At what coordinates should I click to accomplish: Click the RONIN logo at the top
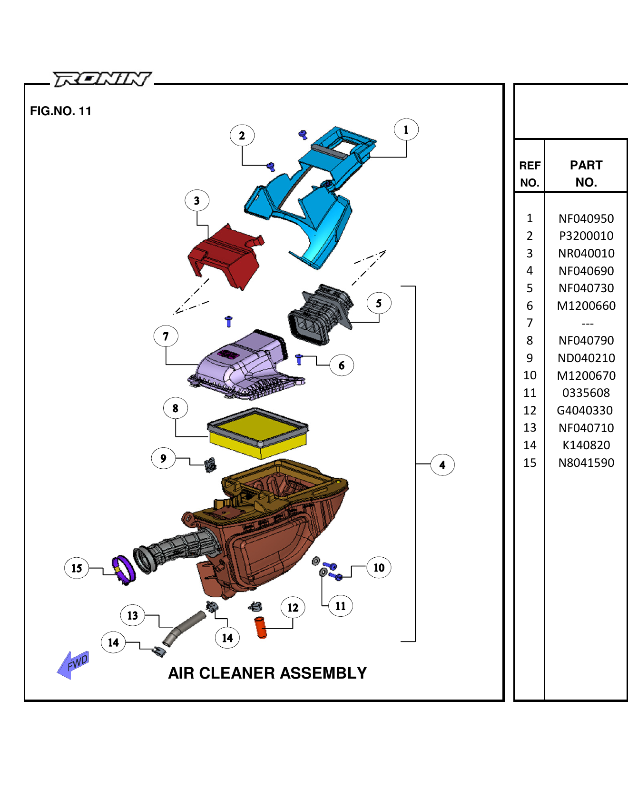102,79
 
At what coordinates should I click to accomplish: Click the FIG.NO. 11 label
60,111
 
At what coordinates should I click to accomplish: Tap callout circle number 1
406,129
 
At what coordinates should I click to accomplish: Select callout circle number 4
442,465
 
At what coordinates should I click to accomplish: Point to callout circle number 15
77,568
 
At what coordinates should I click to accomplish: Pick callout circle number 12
293,608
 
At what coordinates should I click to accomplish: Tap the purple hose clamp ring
124,569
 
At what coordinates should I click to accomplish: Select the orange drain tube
261,627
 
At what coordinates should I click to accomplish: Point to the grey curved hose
183,628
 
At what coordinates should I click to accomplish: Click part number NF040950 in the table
586,219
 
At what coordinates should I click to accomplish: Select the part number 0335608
586,393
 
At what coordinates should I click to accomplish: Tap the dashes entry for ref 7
587,324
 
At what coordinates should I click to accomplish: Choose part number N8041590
586,463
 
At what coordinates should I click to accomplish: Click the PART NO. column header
586,174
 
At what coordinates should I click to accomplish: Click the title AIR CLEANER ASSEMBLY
267,673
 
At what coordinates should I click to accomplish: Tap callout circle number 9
163,458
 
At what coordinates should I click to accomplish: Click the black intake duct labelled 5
319,314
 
